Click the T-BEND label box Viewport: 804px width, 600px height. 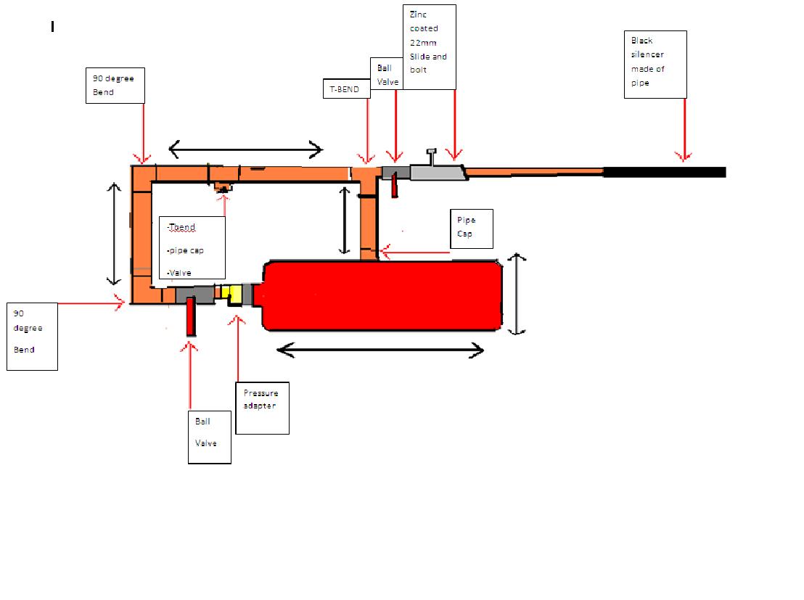click(345, 89)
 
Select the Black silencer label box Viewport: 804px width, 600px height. click(655, 64)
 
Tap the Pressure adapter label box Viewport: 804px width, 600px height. click(262, 408)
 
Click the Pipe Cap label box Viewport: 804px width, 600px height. click(472, 229)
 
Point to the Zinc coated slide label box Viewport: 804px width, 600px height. click(429, 46)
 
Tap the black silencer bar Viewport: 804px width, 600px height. click(664, 172)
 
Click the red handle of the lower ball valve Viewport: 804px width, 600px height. click(191, 316)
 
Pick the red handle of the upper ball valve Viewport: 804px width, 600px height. click(395, 186)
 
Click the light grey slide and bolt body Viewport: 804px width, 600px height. click(438, 172)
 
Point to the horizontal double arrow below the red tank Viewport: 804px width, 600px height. click(380, 351)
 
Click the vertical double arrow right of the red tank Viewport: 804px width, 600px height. click(516, 294)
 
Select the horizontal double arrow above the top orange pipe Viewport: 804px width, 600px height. click(245, 150)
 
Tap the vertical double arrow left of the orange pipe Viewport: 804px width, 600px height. click(114, 233)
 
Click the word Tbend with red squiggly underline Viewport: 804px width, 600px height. click(181, 228)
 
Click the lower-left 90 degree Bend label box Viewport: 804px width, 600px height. click(32, 337)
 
